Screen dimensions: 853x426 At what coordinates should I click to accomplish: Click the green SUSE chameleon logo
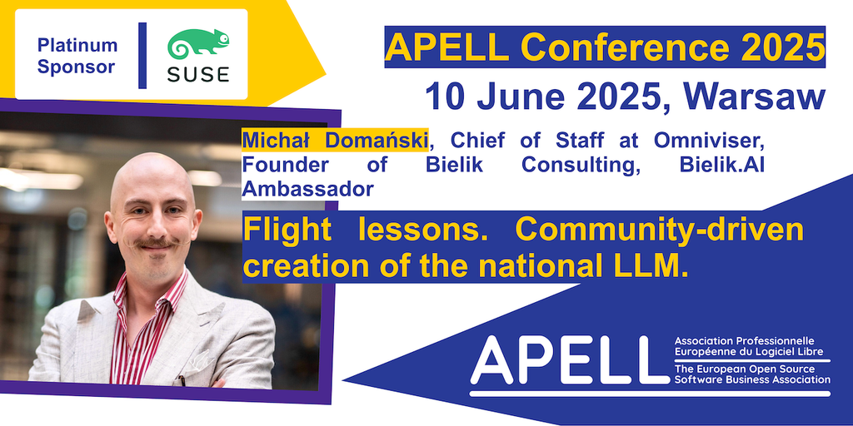coord(198,44)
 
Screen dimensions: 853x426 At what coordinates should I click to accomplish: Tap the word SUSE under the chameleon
coord(198,74)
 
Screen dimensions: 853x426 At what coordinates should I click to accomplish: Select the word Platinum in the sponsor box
coord(77,46)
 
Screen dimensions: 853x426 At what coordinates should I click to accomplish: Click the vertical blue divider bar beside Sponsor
coord(142,56)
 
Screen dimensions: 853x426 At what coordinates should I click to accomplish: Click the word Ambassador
coord(308,190)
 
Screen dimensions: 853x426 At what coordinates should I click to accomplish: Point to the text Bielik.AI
coord(722,166)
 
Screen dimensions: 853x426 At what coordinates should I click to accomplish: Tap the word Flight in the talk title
coord(287,230)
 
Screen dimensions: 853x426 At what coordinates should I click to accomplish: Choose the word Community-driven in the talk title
coord(659,230)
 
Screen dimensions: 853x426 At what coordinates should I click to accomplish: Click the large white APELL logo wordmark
coord(562,359)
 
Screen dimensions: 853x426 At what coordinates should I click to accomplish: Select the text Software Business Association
coord(752,379)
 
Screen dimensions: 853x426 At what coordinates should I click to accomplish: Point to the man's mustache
coord(155,243)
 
